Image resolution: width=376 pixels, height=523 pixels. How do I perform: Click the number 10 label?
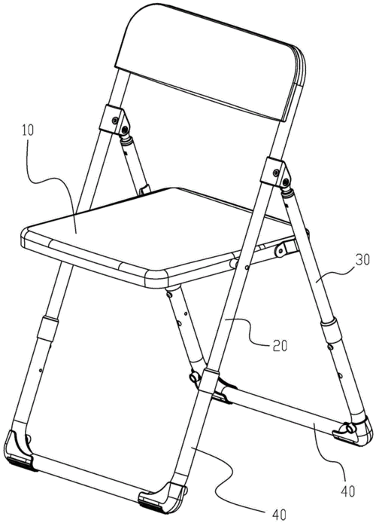(29, 130)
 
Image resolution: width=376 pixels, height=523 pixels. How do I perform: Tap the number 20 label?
(280, 346)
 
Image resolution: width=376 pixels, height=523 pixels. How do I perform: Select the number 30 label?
(362, 260)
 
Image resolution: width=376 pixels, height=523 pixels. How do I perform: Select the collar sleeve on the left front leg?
(47, 329)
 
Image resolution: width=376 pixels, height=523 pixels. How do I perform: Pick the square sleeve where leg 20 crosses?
(208, 381)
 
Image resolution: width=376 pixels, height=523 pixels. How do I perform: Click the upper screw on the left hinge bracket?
(115, 120)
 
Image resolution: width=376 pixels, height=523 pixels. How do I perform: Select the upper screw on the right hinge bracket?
(276, 172)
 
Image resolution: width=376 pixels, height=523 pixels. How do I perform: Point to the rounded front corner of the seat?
(156, 279)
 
